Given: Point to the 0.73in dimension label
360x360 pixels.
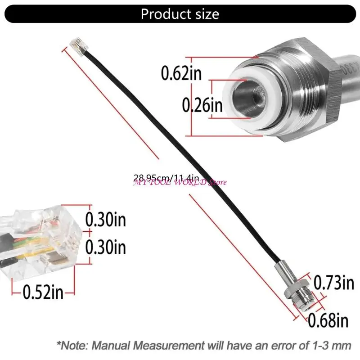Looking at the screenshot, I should pyautogui.click(x=333, y=283).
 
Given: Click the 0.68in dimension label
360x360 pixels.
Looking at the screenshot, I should pyautogui.click(x=328, y=320).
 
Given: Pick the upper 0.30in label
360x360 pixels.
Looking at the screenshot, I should pyautogui.click(x=106, y=220).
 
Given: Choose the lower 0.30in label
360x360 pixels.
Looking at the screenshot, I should pyautogui.click(x=106, y=247).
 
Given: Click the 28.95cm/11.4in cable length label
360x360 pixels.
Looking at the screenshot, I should pyautogui.click(x=166, y=178).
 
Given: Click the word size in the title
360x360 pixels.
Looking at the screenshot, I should pyautogui.click(x=204, y=14).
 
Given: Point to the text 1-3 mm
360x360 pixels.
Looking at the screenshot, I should pyautogui.click(x=331, y=346).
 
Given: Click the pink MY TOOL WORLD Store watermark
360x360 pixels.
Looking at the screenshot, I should pyautogui.click(x=180, y=182).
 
